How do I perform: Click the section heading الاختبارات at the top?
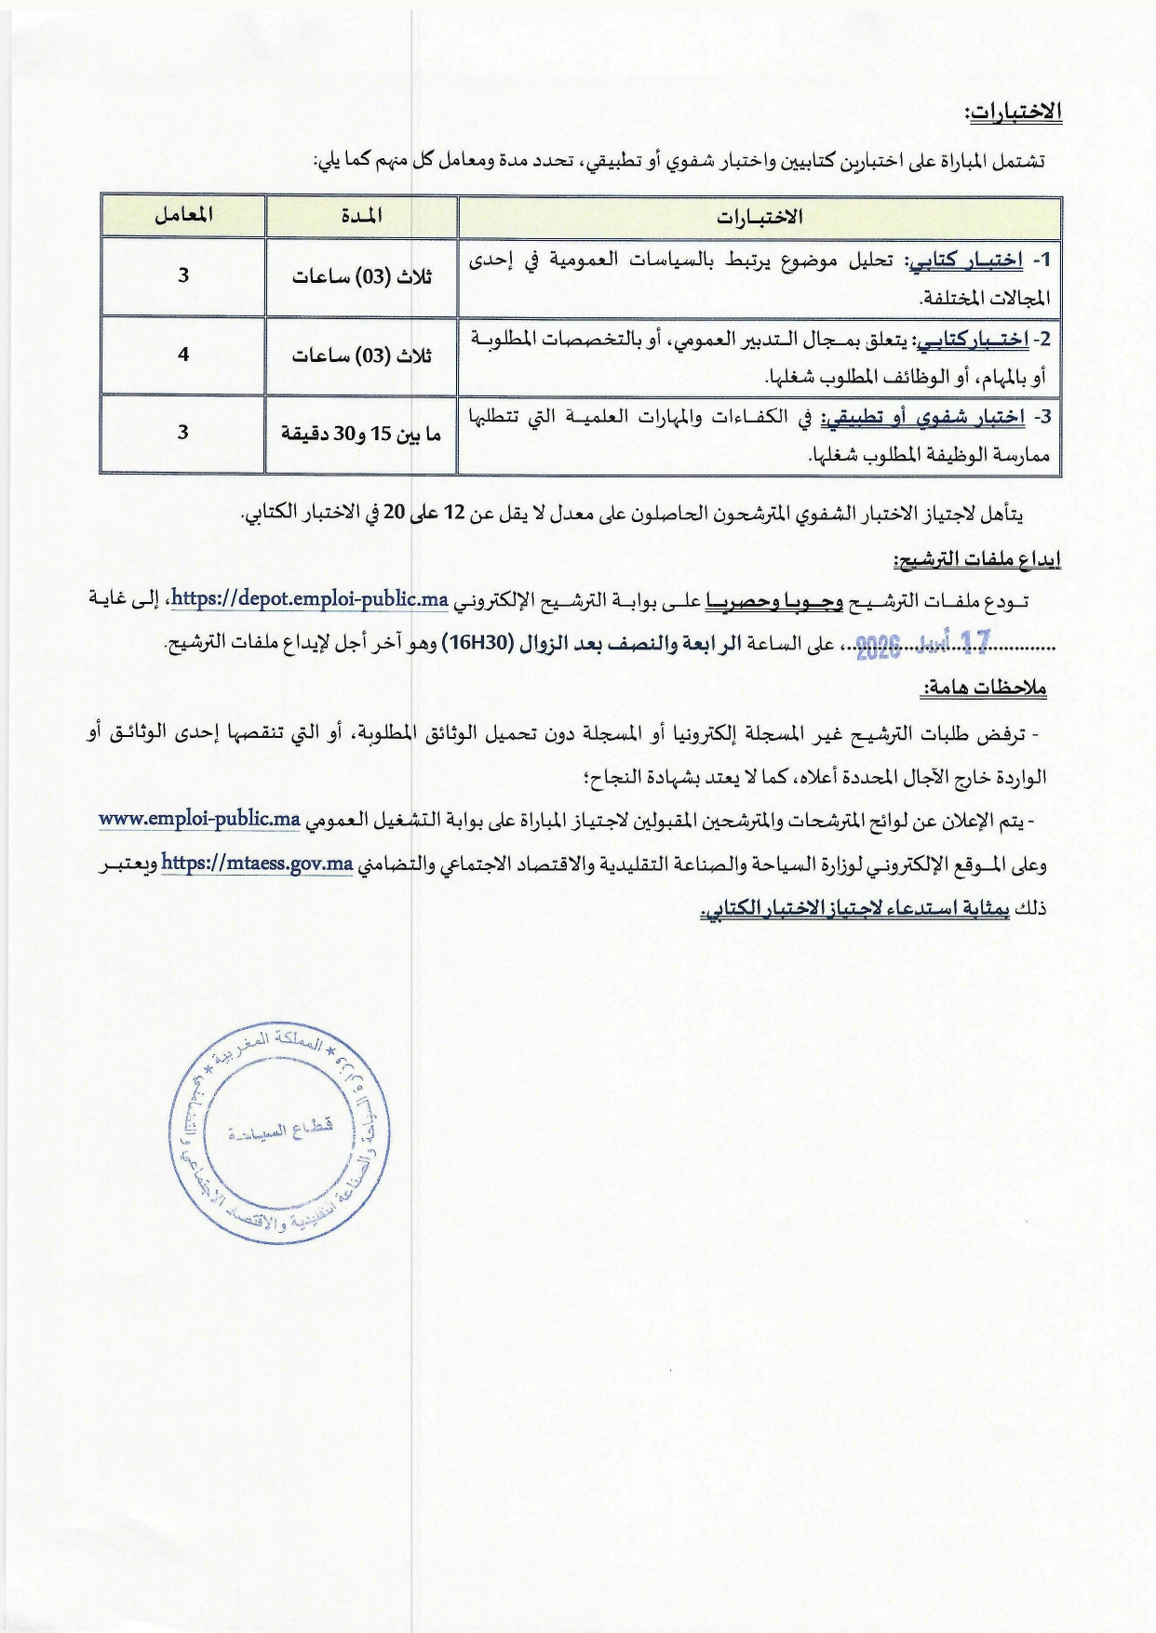pos(1015,112)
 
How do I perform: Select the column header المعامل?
pos(183,215)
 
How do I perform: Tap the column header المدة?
pos(361,216)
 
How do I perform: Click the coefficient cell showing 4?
pos(183,355)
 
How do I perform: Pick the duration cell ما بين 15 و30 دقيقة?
pos(361,434)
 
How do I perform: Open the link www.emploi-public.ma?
pos(199,820)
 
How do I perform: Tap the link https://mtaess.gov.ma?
pos(257,863)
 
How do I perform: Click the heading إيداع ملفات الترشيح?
pos(977,559)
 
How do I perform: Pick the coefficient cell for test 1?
pos(183,275)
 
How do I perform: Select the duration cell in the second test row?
pos(361,355)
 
